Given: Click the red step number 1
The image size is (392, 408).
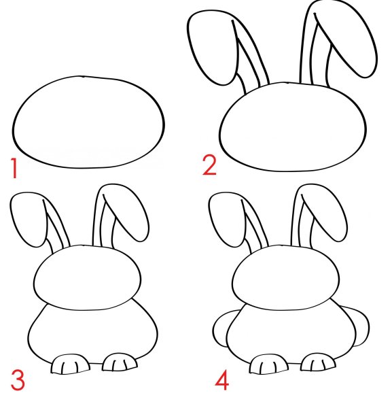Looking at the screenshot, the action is pyautogui.click(x=14, y=168).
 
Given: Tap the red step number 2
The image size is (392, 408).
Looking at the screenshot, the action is pyautogui.click(x=209, y=165).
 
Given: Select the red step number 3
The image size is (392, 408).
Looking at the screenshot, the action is pyautogui.click(x=18, y=380).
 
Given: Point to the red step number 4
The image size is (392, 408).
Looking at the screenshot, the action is pyautogui.click(x=222, y=381).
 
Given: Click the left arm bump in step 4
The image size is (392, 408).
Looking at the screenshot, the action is pyautogui.click(x=221, y=328).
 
